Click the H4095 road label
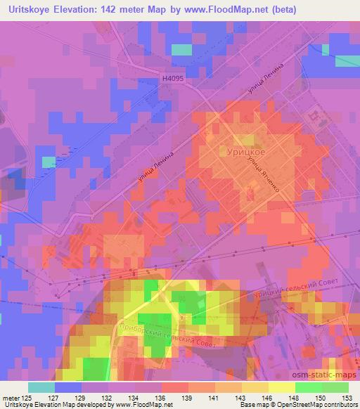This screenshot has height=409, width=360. click(x=172, y=80)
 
